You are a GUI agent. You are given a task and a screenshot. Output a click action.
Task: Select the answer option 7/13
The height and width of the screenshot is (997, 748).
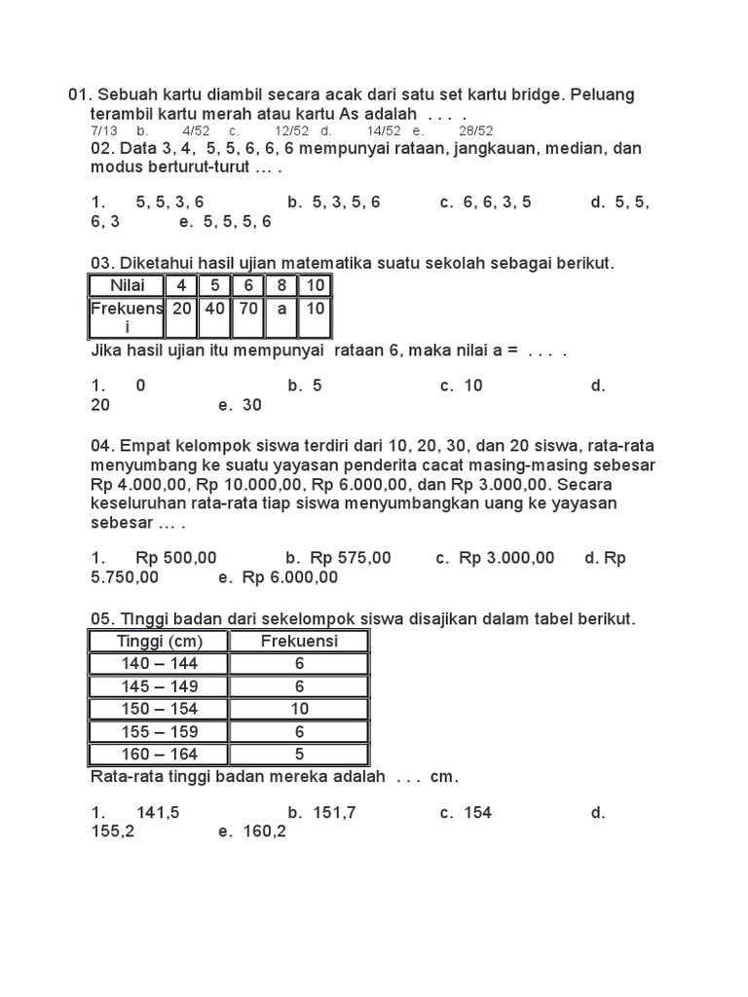pyautogui.click(x=103, y=130)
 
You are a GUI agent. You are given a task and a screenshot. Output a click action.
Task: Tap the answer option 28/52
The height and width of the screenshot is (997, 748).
pyautogui.click(x=476, y=130)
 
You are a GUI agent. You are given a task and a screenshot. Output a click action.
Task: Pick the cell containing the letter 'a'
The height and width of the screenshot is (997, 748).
pyautogui.click(x=280, y=308)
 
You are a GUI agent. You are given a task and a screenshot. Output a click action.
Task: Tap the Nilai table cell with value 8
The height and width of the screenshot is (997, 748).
pyautogui.click(x=280, y=286)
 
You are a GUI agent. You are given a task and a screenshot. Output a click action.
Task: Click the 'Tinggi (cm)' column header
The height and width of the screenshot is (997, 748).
pyautogui.click(x=159, y=641)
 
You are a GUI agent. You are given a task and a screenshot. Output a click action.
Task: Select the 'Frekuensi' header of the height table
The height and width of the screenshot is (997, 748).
pyautogui.click(x=299, y=641)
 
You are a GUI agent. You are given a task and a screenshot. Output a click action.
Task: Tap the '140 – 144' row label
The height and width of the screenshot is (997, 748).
pyautogui.click(x=159, y=664)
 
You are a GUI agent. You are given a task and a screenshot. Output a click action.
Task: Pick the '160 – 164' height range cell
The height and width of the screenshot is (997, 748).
pyautogui.click(x=159, y=755)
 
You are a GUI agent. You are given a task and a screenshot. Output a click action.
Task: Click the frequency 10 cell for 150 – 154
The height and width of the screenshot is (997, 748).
pyautogui.click(x=299, y=709)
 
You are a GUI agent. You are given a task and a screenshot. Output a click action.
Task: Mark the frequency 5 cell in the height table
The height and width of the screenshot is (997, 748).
pyautogui.click(x=299, y=755)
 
